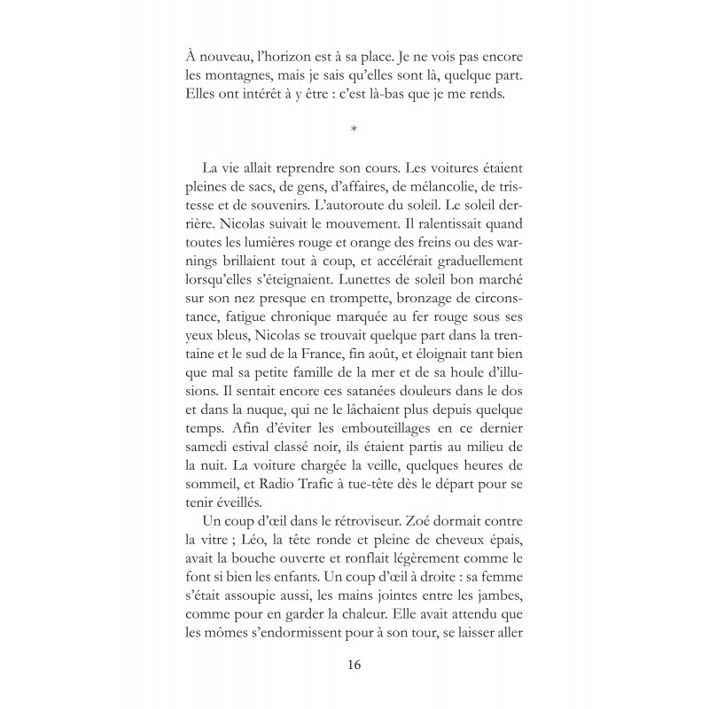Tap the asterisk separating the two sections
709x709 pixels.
pyautogui.click(x=354, y=131)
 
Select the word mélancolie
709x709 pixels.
pyautogui.click(x=415, y=188)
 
